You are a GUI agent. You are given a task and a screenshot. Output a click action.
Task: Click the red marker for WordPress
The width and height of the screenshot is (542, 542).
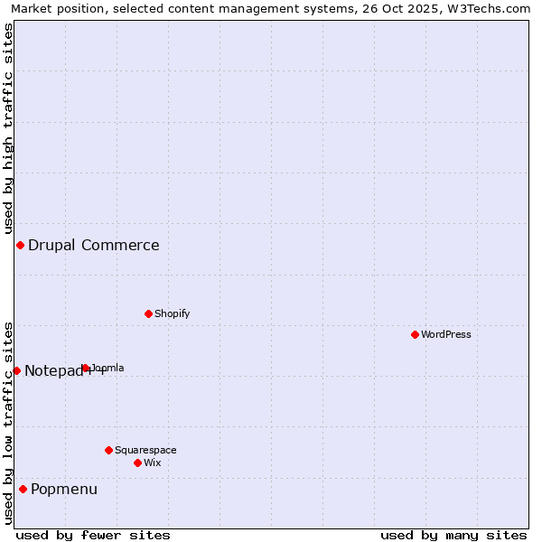point(415,334)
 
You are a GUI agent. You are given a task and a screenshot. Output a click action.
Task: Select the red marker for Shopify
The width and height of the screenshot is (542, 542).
point(148,313)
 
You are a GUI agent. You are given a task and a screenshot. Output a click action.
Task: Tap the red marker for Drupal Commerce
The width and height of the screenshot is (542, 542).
point(20,245)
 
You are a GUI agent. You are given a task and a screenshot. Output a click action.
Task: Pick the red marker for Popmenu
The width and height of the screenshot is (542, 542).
point(23,489)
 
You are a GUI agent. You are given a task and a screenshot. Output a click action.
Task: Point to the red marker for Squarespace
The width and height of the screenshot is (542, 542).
point(108,450)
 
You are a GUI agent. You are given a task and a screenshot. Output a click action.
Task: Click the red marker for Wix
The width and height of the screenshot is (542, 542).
point(137,463)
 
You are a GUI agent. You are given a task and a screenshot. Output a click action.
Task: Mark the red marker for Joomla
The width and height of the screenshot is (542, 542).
point(85,368)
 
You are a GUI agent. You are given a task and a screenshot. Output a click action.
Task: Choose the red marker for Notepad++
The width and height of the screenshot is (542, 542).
point(16,370)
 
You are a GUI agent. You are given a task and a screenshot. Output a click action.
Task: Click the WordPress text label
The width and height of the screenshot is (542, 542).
point(446,334)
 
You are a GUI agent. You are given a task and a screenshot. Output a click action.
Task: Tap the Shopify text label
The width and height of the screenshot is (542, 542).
point(172,313)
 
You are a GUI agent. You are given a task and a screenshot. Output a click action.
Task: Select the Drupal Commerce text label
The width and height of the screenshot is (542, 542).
point(94,245)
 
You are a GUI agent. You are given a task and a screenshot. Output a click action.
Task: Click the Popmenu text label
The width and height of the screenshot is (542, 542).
point(64,489)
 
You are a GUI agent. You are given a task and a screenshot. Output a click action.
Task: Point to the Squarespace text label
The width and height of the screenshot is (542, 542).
point(145,450)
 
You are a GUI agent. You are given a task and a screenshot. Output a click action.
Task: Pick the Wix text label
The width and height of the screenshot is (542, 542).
point(152,463)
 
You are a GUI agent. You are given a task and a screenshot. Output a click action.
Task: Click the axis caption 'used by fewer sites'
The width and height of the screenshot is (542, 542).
point(93,535)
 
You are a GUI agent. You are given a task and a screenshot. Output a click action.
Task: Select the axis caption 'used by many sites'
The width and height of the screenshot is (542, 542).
point(453,535)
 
